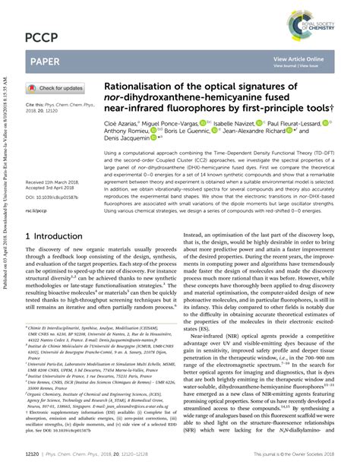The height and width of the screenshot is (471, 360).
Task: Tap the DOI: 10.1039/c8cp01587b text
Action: (55, 174)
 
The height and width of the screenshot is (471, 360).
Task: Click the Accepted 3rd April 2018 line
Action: (56, 168)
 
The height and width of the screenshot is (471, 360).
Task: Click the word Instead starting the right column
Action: (196, 236)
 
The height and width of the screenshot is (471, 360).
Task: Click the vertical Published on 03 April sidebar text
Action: (6, 228)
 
